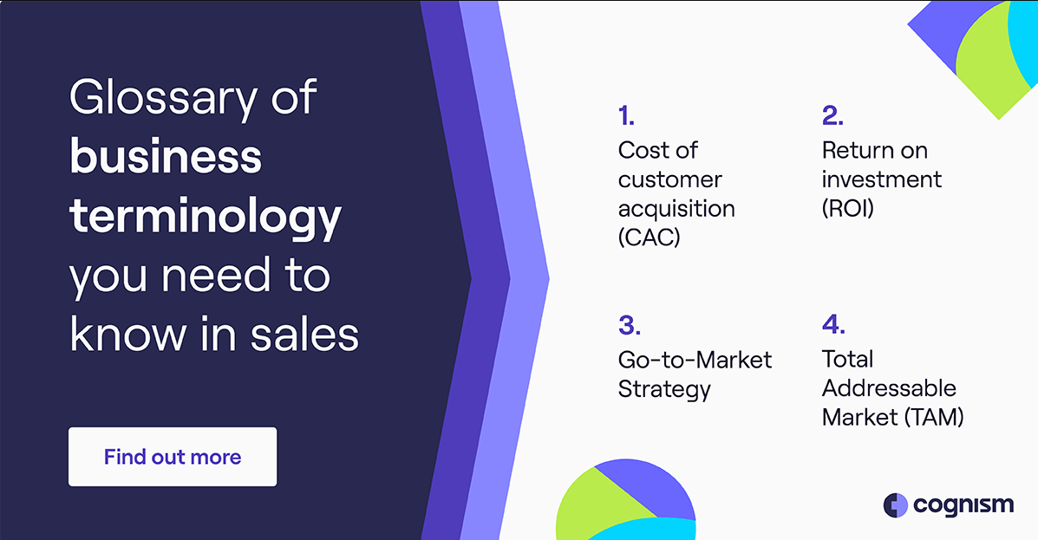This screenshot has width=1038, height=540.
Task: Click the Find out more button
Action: point(172,457)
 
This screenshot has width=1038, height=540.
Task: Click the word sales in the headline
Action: point(304,334)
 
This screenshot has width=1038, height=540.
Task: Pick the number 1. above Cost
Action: point(626,116)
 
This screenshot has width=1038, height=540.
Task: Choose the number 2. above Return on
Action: point(832,116)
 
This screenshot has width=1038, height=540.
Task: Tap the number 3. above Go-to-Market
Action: point(629,325)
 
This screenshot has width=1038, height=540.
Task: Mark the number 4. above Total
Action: point(832,324)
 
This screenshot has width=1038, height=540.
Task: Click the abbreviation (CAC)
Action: point(649,237)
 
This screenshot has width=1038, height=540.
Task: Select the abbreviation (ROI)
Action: point(847,208)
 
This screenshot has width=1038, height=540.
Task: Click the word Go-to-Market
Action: point(695,360)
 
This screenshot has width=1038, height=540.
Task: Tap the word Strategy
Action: point(664,389)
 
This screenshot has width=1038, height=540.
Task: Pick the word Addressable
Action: point(889,387)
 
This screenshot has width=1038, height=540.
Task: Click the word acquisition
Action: point(676,209)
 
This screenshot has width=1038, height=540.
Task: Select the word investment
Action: point(881,179)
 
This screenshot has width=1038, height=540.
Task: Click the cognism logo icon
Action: point(895,505)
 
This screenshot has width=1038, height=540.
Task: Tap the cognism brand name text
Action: point(963,505)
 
